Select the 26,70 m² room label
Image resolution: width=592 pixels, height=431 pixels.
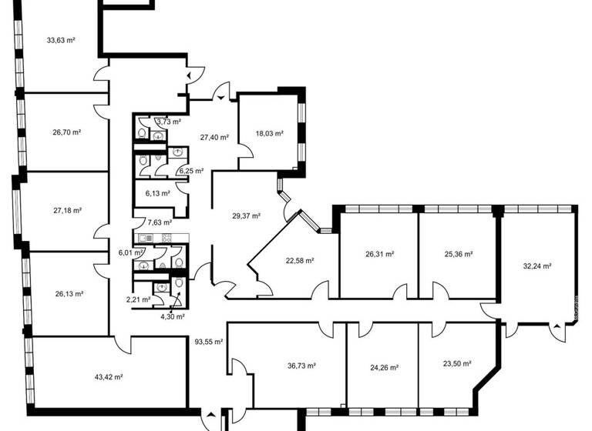[x=67, y=132]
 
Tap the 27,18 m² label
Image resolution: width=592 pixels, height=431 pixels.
[x=67, y=209]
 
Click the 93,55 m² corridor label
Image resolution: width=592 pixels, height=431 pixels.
[x=208, y=342]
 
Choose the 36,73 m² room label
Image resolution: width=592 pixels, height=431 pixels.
[x=301, y=366]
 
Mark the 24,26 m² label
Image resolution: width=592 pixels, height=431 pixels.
[x=383, y=368]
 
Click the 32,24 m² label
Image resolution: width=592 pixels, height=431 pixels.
[x=536, y=266]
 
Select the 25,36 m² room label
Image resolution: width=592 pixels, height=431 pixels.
[x=458, y=253]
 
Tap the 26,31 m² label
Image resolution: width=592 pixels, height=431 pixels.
[x=379, y=253]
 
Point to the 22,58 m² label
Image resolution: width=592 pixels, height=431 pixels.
[x=299, y=260]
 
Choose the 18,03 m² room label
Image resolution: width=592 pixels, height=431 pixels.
[x=269, y=133]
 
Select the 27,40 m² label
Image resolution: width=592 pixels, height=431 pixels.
[x=214, y=137]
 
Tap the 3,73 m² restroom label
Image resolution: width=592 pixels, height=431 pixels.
[x=168, y=122]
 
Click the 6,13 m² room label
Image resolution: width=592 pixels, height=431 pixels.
[x=158, y=193]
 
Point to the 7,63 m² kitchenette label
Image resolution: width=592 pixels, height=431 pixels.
[x=160, y=222]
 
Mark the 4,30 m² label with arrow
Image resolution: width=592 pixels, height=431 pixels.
[x=172, y=316]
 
